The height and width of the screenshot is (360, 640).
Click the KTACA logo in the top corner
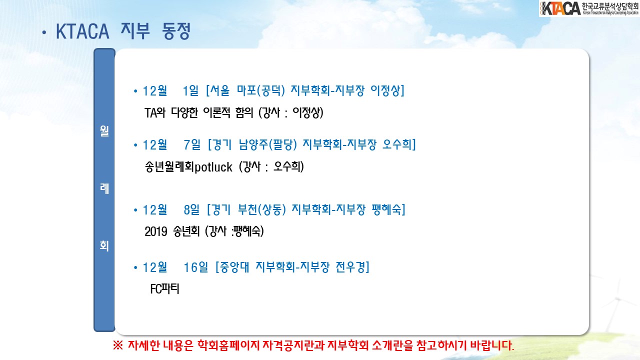pos(589,8)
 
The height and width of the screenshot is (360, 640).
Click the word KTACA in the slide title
pos(82,31)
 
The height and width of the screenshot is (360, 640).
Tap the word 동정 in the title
pos(176,31)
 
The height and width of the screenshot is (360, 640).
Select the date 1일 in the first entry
pos(190,91)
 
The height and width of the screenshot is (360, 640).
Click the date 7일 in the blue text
pos(192,145)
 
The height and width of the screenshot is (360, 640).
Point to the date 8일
pos(191,210)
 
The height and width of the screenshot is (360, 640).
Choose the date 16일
pos(195,267)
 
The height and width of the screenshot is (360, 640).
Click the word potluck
pos(213,167)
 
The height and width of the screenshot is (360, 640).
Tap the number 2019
pos(155,231)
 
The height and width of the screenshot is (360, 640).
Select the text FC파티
pos(164,289)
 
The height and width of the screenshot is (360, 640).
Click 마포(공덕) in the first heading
pos(261,91)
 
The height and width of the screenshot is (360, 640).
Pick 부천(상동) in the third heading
pos(262,209)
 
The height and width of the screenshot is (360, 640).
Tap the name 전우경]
pos(352,267)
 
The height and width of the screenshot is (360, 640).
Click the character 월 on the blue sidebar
pos(104,131)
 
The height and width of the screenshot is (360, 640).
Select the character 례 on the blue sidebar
pos(104,188)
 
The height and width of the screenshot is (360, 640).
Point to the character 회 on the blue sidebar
pos(104,245)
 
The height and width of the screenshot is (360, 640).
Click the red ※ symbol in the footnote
pos(117,345)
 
